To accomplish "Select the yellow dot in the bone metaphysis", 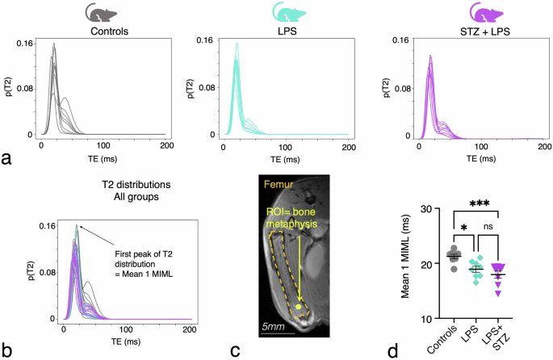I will click(300, 308).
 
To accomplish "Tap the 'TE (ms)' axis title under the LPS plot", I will click(283, 157).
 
